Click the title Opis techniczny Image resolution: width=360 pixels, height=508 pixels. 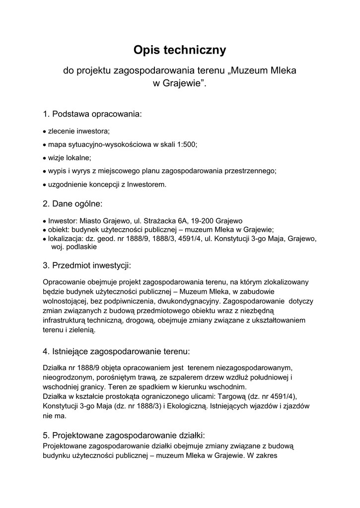(x=180, y=50)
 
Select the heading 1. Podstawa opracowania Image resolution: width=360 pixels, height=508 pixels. (x=92, y=114)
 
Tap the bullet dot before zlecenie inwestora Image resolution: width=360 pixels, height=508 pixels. (x=44, y=131)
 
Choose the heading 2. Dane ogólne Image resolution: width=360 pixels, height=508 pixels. (x=72, y=203)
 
